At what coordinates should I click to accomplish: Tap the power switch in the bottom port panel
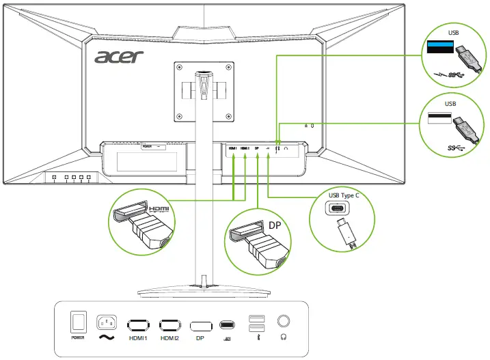(x=78, y=322)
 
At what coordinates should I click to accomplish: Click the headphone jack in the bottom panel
(x=282, y=320)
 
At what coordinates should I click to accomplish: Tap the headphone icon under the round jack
(x=282, y=336)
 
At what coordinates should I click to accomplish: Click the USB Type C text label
(x=349, y=196)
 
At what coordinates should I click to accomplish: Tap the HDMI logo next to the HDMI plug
(x=159, y=208)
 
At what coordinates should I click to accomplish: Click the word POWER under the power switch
(x=78, y=337)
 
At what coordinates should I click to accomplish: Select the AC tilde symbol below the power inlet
(x=108, y=337)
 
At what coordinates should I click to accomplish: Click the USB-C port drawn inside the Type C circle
(x=349, y=210)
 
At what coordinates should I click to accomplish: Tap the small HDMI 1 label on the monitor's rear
(x=232, y=147)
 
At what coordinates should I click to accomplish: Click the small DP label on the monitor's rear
(x=256, y=147)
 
